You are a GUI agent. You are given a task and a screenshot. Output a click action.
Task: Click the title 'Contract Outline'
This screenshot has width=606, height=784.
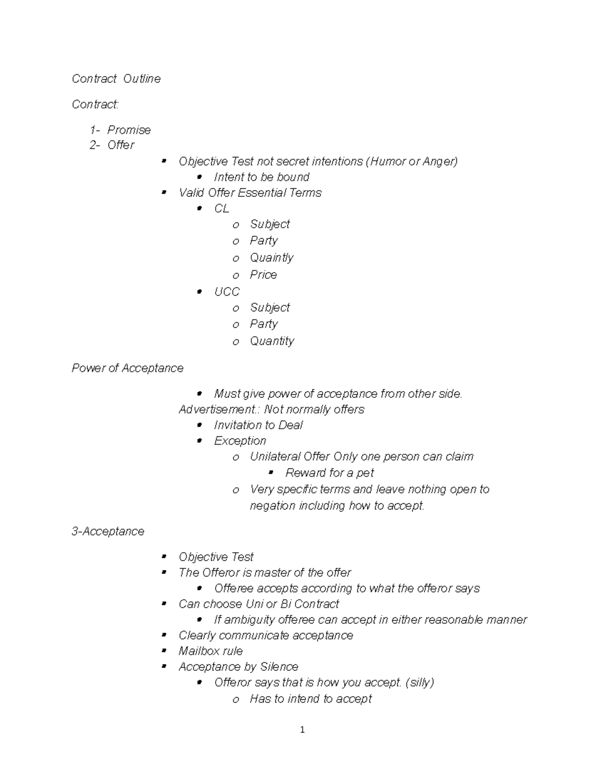(116, 79)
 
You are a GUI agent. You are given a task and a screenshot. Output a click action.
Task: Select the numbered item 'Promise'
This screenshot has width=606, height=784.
(129, 130)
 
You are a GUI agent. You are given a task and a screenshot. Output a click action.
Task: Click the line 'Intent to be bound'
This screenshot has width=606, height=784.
(261, 177)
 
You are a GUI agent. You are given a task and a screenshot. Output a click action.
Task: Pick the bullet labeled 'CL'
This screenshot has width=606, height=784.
(221, 208)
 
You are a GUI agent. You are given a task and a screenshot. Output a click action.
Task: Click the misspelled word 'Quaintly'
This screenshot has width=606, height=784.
(271, 258)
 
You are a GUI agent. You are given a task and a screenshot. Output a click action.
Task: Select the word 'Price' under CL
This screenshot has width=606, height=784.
(263, 275)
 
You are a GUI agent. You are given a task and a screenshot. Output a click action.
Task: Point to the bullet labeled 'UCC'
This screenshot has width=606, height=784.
(226, 292)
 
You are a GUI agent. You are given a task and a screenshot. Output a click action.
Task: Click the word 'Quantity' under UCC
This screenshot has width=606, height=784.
(272, 341)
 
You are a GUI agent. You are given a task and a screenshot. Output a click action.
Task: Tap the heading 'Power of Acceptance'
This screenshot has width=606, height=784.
(127, 369)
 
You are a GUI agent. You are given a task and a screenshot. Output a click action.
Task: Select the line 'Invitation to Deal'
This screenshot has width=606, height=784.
(258, 425)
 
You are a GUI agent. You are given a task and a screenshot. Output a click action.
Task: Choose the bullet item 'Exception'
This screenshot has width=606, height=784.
(240, 441)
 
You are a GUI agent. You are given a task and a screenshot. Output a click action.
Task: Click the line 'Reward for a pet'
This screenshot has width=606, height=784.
(329, 473)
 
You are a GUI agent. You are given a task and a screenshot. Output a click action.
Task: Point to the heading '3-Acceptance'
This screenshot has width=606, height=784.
(108, 532)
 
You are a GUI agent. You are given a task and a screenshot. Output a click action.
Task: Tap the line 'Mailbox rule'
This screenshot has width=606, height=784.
(211, 651)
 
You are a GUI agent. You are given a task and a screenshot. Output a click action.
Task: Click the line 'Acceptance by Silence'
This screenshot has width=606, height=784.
(238, 667)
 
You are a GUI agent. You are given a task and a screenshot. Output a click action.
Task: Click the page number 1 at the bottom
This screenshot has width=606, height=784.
(302, 729)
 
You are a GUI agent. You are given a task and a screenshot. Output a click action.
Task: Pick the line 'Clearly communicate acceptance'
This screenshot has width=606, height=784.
(266, 636)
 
